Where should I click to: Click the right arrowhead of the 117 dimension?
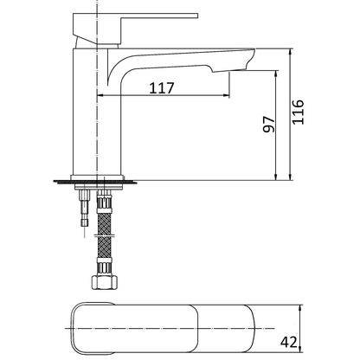pyautogui.click(x=227, y=94)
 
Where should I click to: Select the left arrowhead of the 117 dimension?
pyautogui.click(x=100, y=94)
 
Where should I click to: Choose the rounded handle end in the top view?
pyautogui.click(x=82, y=328)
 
